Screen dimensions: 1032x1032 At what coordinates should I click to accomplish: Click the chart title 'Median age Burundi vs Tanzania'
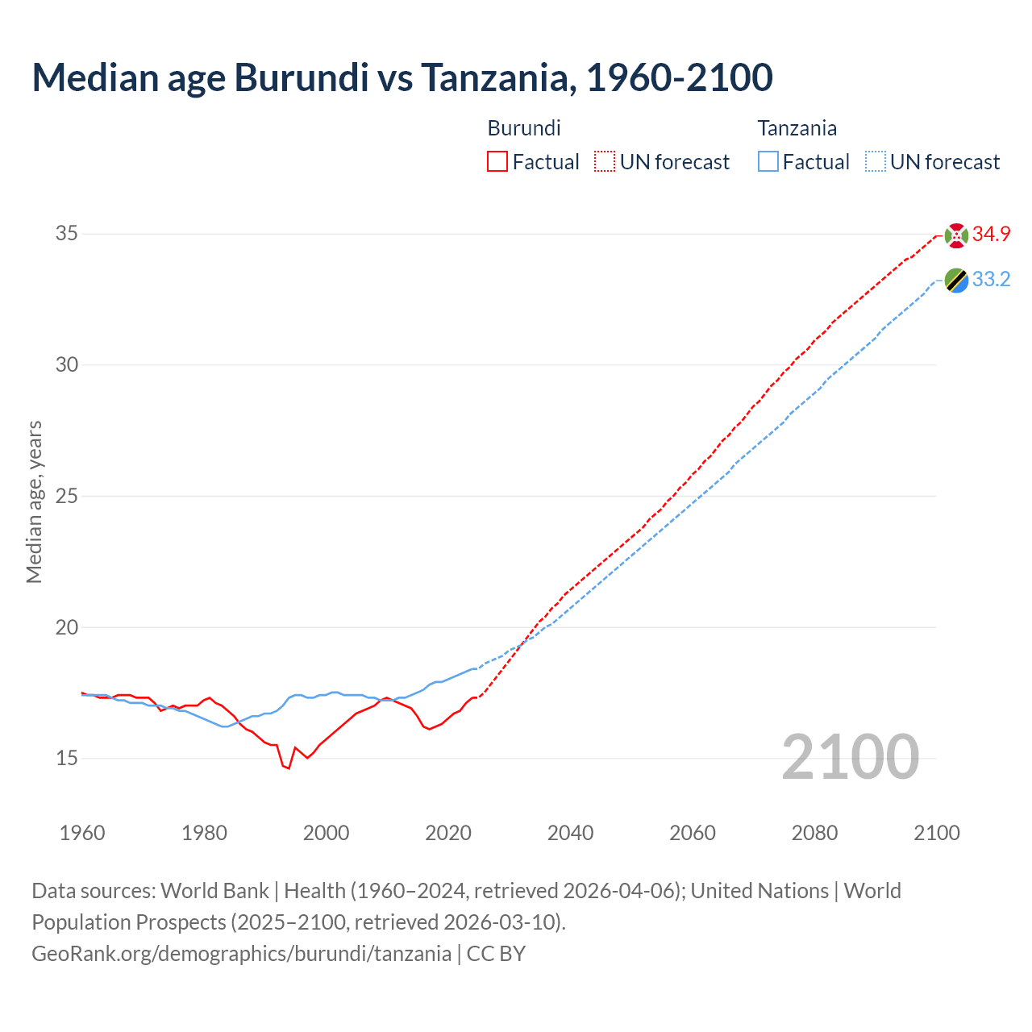402,77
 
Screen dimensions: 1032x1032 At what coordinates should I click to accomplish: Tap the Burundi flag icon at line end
956,235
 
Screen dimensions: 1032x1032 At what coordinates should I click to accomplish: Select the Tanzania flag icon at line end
956,281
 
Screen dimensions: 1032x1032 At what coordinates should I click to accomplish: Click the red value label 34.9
991,235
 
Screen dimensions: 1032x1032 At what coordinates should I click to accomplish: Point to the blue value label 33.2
991,280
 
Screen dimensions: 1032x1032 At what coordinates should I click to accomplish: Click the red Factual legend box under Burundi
497,162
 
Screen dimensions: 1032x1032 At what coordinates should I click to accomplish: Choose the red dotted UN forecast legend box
605,162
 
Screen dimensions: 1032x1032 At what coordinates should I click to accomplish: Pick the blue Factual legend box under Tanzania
768,162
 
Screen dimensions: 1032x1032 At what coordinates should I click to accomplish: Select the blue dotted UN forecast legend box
876,162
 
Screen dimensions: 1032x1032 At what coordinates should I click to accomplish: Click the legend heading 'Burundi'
524,128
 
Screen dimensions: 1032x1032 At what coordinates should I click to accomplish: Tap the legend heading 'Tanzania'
797,128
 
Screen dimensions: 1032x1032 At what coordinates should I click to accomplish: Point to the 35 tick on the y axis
67,234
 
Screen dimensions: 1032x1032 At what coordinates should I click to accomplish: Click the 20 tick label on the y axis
67,627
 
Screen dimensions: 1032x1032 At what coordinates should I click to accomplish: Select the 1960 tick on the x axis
82,833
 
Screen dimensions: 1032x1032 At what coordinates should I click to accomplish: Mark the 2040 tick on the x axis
570,833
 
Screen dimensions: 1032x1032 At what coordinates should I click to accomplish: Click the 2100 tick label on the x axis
936,833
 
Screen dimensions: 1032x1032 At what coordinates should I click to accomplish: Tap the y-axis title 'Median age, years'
34,501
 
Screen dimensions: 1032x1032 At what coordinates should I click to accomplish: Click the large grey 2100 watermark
850,757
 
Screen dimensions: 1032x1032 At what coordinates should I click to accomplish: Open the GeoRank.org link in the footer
241,954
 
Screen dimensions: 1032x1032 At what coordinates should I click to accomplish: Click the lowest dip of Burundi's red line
289,768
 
